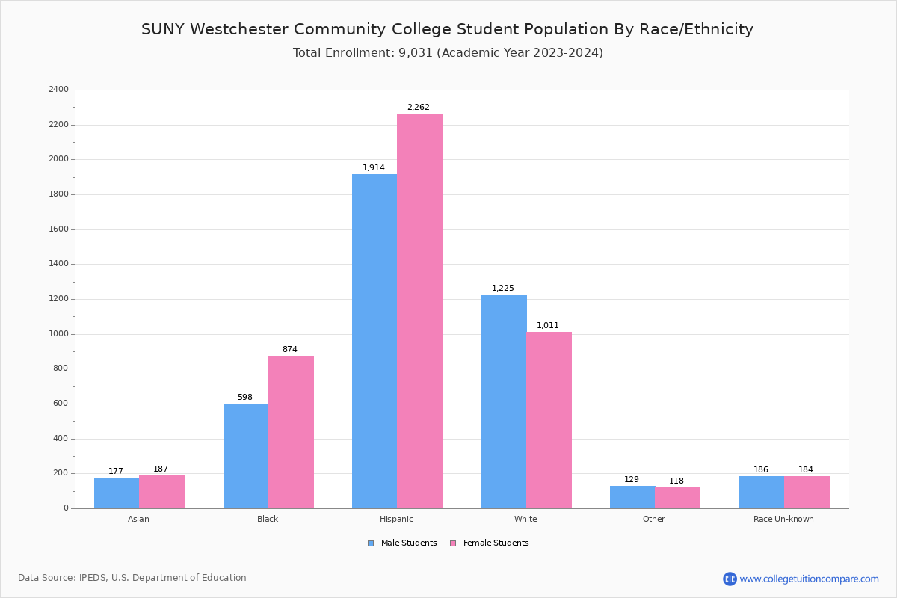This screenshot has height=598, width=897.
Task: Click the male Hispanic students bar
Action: (x=374, y=341)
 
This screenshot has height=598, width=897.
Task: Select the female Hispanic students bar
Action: (x=419, y=311)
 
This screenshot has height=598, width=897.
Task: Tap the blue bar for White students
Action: (x=504, y=401)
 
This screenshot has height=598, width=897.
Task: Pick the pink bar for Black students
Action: (x=291, y=432)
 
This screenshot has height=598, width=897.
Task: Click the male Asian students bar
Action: (x=117, y=493)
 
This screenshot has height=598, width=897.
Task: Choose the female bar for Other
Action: (x=677, y=498)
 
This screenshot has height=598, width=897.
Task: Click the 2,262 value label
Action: (x=419, y=108)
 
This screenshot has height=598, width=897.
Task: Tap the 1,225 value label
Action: (x=503, y=289)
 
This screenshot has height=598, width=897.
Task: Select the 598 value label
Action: (x=245, y=398)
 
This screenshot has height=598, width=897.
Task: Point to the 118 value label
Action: (x=676, y=481)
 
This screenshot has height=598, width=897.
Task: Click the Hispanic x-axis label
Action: (x=396, y=519)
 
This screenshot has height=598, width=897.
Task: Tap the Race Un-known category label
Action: (x=783, y=519)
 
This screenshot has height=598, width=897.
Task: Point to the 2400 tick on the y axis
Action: (x=58, y=90)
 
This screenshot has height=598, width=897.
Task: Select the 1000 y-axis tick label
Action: (x=58, y=334)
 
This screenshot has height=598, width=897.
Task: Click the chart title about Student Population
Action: (x=447, y=30)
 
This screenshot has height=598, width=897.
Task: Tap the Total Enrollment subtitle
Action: (x=448, y=53)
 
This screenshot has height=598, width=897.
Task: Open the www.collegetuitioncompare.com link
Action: (x=809, y=579)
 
